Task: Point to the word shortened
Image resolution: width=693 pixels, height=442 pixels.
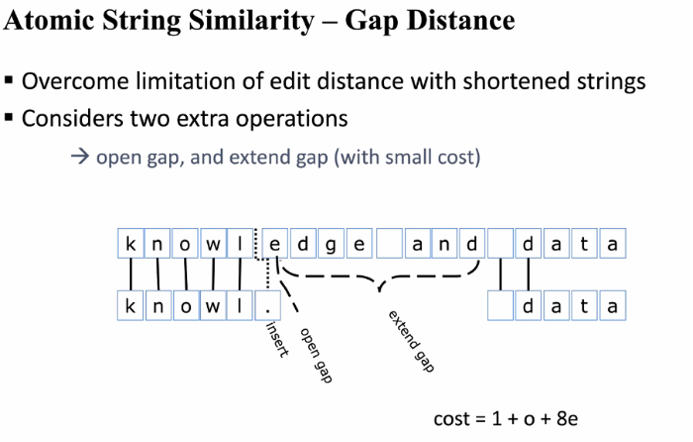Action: click(x=519, y=81)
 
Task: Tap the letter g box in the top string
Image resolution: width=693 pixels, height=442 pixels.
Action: click(x=332, y=243)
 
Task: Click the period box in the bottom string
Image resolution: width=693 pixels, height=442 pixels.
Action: click(x=268, y=306)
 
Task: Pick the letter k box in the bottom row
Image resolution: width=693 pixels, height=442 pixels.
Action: click(x=130, y=306)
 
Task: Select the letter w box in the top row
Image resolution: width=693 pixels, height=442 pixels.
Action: click(x=213, y=243)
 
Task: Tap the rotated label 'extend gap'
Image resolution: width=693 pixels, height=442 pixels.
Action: click(x=410, y=343)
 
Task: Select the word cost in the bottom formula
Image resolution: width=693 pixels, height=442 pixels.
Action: click(x=452, y=419)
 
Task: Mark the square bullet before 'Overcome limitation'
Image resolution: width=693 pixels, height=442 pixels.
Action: click(x=9, y=81)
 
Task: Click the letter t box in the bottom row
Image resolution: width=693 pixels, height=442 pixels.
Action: click(x=585, y=306)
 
